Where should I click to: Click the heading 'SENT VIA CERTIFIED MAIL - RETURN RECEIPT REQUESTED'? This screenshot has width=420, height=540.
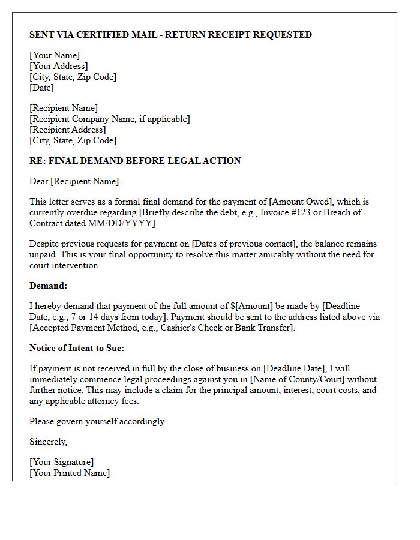tap(170, 35)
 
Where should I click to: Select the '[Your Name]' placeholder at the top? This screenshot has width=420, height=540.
tap(55, 55)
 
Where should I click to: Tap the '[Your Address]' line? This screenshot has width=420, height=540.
tap(59, 66)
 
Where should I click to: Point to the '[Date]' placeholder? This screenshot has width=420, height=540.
tap(41, 88)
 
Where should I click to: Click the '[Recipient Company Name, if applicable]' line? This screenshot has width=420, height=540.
tap(110, 119)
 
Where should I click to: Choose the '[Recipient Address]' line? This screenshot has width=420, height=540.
tap(68, 130)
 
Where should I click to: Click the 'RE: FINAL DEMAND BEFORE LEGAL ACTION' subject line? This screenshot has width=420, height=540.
tap(135, 161)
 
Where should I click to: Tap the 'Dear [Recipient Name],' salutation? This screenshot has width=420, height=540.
tap(75, 181)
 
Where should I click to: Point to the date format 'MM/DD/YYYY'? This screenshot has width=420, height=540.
tap(127, 223)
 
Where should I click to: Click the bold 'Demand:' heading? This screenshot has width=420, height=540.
tap(49, 286)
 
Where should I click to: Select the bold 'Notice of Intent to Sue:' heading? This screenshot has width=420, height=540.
tap(77, 348)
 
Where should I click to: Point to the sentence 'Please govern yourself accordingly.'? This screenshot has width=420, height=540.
tap(98, 421)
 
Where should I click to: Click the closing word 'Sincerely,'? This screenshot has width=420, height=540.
tap(49, 442)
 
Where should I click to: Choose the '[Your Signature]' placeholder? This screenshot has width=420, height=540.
tap(62, 462)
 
